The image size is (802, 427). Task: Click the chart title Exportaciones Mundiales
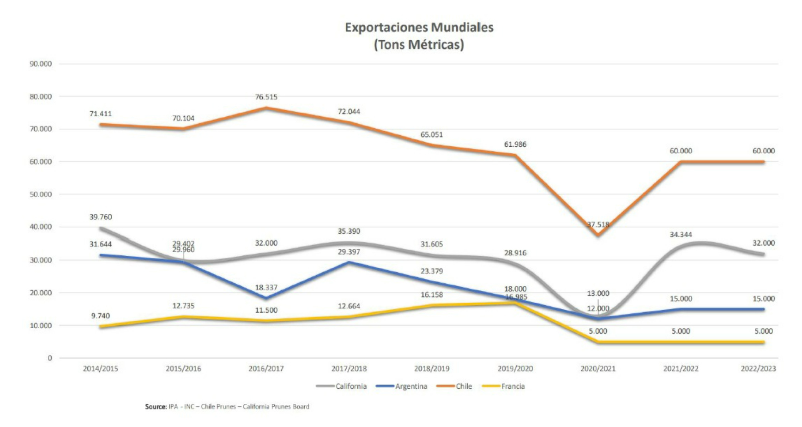(419, 28)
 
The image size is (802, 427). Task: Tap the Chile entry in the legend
(464, 386)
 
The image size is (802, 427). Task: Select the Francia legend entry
(513, 386)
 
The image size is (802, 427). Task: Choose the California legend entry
(351, 386)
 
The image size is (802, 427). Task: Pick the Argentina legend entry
(411, 386)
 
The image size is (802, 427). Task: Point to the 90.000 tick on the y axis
(41, 64)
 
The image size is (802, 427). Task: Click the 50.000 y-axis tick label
(41, 194)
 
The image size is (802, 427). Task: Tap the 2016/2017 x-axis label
(266, 369)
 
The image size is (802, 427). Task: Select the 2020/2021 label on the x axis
(598, 369)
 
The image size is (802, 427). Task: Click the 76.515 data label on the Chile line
(266, 97)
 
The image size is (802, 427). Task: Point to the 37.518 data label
(598, 225)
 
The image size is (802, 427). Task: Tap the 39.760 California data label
(101, 217)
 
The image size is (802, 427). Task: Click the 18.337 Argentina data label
(266, 288)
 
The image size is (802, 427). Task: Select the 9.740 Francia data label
(101, 316)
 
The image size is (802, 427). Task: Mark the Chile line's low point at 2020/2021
(598, 235)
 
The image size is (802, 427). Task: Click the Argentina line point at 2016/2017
(266, 298)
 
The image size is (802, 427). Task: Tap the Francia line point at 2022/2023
(763, 342)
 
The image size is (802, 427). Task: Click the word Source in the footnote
(156, 407)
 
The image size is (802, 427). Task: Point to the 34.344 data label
(681, 235)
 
